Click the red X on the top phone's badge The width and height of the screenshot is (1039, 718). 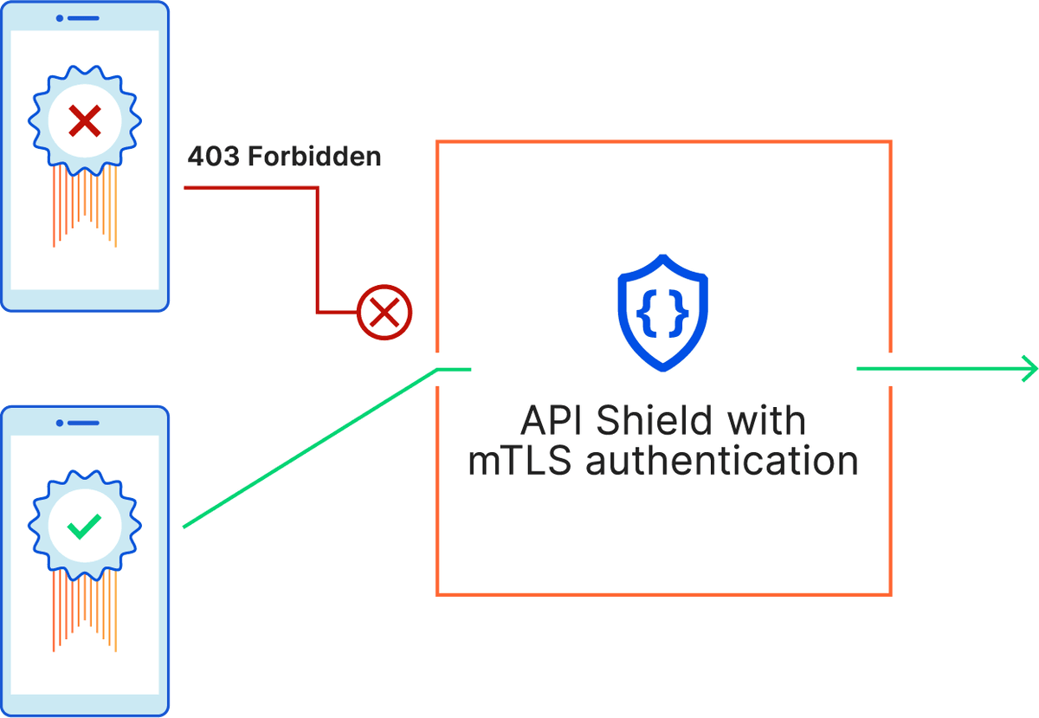pyautogui.click(x=85, y=121)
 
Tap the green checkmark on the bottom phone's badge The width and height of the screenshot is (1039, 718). pyautogui.click(x=84, y=527)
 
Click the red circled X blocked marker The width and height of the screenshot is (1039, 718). pyautogui.click(x=384, y=313)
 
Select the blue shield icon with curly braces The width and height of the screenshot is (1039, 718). pyautogui.click(x=663, y=313)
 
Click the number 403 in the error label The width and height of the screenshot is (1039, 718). pyautogui.click(x=214, y=156)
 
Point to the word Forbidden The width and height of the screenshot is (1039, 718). pyautogui.click(x=314, y=156)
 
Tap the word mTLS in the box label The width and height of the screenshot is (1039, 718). pyautogui.click(x=519, y=461)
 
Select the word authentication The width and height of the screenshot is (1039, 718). pyautogui.click(x=722, y=461)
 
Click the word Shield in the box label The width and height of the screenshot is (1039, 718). pyautogui.click(x=654, y=420)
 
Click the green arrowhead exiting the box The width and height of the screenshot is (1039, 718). pyautogui.click(x=1029, y=369)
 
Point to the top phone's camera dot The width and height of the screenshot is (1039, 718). pyautogui.click(x=60, y=18)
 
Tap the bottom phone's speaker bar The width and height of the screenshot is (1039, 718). pyautogui.click(x=83, y=423)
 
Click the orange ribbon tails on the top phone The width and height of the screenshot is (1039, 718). pyautogui.click(x=85, y=206)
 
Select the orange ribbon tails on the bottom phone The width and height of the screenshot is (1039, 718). pyautogui.click(x=85, y=611)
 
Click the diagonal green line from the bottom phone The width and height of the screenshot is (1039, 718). pyautogui.click(x=310, y=449)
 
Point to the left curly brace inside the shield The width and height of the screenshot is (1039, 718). pyautogui.click(x=647, y=313)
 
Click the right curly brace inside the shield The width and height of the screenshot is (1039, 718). pyautogui.click(x=679, y=313)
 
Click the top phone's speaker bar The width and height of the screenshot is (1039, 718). pyautogui.click(x=83, y=18)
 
